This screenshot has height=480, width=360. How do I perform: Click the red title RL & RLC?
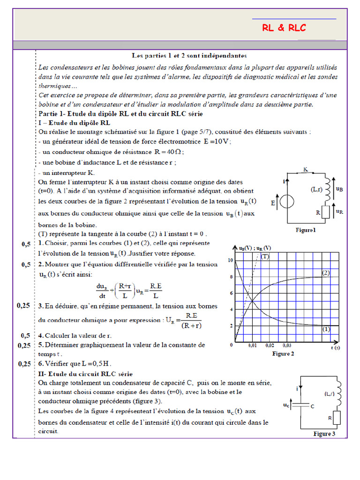[x=284, y=29]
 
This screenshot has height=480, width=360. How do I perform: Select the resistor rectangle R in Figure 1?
[x=324, y=212]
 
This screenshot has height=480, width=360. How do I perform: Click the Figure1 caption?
[x=305, y=230]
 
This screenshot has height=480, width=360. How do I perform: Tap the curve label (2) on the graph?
[x=326, y=272]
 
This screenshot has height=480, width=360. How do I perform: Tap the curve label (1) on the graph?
[x=326, y=330]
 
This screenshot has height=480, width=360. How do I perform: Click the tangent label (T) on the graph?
[x=265, y=256]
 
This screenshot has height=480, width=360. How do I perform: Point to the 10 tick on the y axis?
[x=230, y=260]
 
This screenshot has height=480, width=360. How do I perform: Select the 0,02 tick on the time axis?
[x=270, y=345]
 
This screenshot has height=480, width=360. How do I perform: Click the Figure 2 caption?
[x=283, y=354]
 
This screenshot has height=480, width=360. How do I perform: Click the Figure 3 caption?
[x=324, y=434]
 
